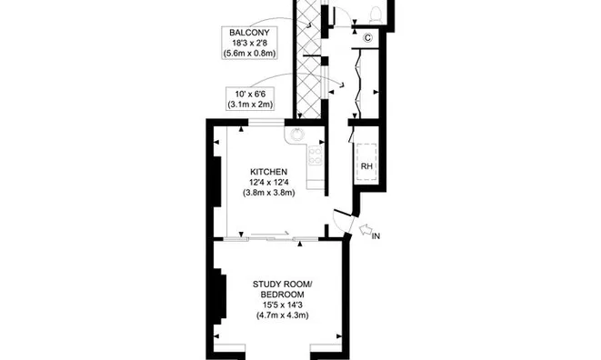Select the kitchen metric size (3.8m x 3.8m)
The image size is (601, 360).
[269, 193]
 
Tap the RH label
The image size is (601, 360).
[367, 166]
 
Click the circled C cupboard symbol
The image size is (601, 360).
[367, 37]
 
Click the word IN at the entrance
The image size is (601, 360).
[376, 236]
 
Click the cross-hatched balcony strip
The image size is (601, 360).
[309, 64]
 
